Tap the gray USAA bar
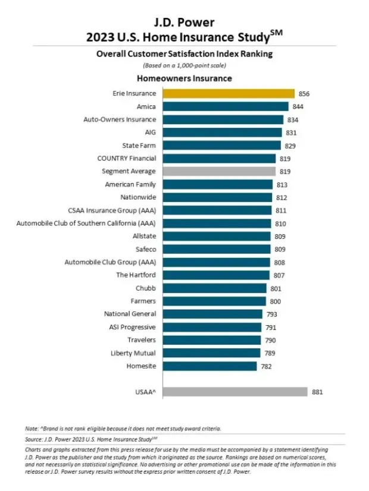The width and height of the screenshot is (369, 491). tap(234, 392)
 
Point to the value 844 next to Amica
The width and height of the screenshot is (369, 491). tap(297, 106)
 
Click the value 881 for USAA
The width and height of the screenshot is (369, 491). tap(317, 392)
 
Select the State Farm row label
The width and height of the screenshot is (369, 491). tap(139, 146)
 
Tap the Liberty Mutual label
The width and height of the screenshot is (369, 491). tap(133, 353)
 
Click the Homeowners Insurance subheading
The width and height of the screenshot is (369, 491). tap(184, 78)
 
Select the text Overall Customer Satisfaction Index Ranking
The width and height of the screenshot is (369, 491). tap(184, 54)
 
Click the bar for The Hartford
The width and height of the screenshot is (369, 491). tap(215, 275)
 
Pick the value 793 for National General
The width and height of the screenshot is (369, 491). tap(271, 314)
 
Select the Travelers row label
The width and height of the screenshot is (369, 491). tap(142, 340)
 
